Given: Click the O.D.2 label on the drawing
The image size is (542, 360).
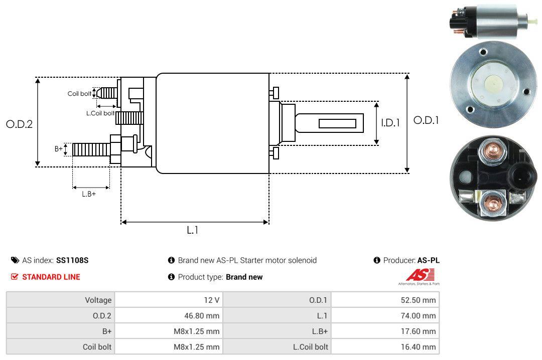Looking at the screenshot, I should click(19, 124).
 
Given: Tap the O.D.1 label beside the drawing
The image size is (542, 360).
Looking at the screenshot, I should click(426, 120).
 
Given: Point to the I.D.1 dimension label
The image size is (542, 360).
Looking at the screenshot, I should click(390, 122).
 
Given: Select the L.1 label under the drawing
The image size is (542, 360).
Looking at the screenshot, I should click(193, 230).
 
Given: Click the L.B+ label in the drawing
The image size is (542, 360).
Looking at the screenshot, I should click(88, 194).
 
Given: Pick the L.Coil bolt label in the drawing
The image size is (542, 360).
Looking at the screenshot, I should click(100, 113).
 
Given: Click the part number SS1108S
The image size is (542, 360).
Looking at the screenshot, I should click(72, 260).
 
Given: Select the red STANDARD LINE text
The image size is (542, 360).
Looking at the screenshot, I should click(51, 277).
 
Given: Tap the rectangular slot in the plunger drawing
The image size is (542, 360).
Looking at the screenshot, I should click(338, 123).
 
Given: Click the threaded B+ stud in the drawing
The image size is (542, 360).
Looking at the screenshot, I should click(90, 149).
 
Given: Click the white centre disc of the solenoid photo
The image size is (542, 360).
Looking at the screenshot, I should click(493, 83).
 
